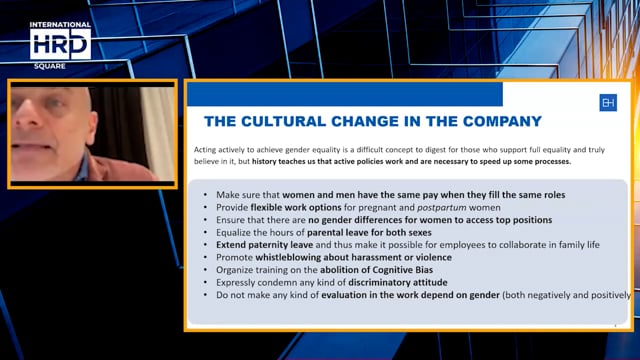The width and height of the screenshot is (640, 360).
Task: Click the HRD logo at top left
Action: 60,42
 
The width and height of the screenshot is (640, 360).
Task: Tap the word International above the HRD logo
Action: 60,23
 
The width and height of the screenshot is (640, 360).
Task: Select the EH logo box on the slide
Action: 608,102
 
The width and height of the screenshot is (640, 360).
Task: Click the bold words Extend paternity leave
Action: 263,244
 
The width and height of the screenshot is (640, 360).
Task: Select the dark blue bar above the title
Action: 345,94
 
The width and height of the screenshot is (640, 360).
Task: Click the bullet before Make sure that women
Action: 204,193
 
